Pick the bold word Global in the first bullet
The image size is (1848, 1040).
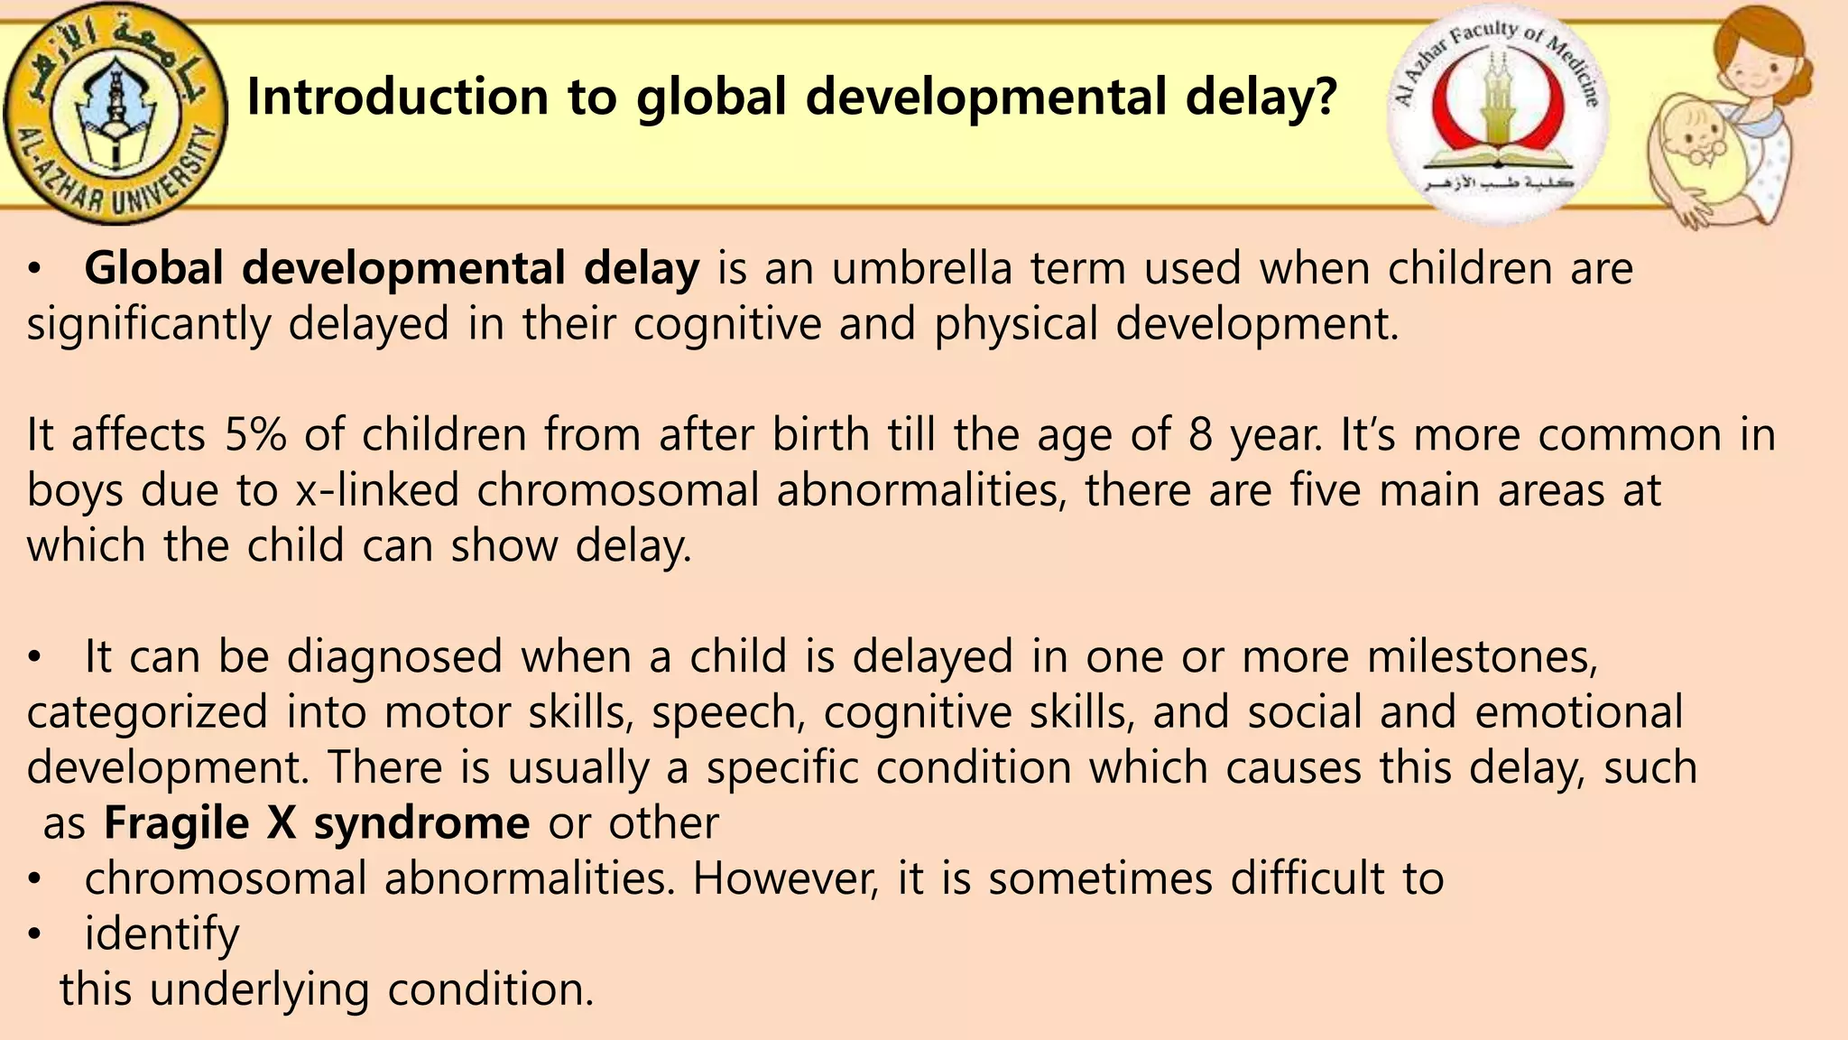(x=153, y=268)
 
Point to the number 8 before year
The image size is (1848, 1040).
(x=1200, y=435)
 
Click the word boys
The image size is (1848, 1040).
(x=74, y=491)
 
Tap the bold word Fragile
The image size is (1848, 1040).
(x=176, y=823)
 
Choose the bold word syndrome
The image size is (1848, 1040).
(x=421, y=823)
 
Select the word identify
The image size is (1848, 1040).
(x=162, y=934)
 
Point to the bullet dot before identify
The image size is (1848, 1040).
(x=34, y=935)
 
